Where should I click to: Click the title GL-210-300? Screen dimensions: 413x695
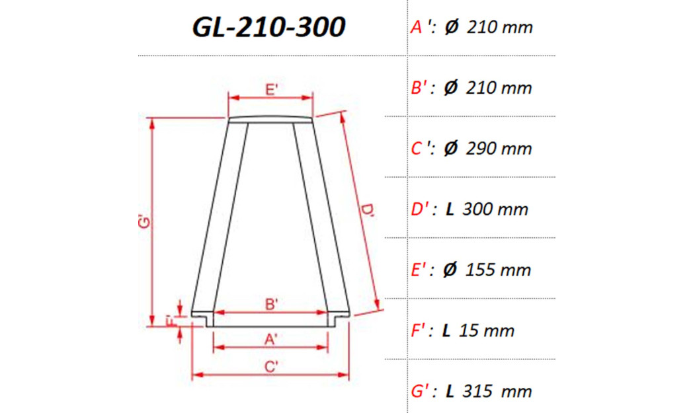(x=268, y=27)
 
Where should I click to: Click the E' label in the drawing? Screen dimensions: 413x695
(x=270, y=90)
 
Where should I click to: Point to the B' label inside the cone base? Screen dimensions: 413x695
(x=271, y=304)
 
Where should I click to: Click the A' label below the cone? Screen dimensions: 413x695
(x=270, y=340)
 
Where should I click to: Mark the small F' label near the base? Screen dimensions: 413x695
(x=170, y=321)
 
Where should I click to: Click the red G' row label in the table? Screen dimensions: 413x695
(x=423, y=391)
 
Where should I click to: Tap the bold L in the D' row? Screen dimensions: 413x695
(x=450, y=209)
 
